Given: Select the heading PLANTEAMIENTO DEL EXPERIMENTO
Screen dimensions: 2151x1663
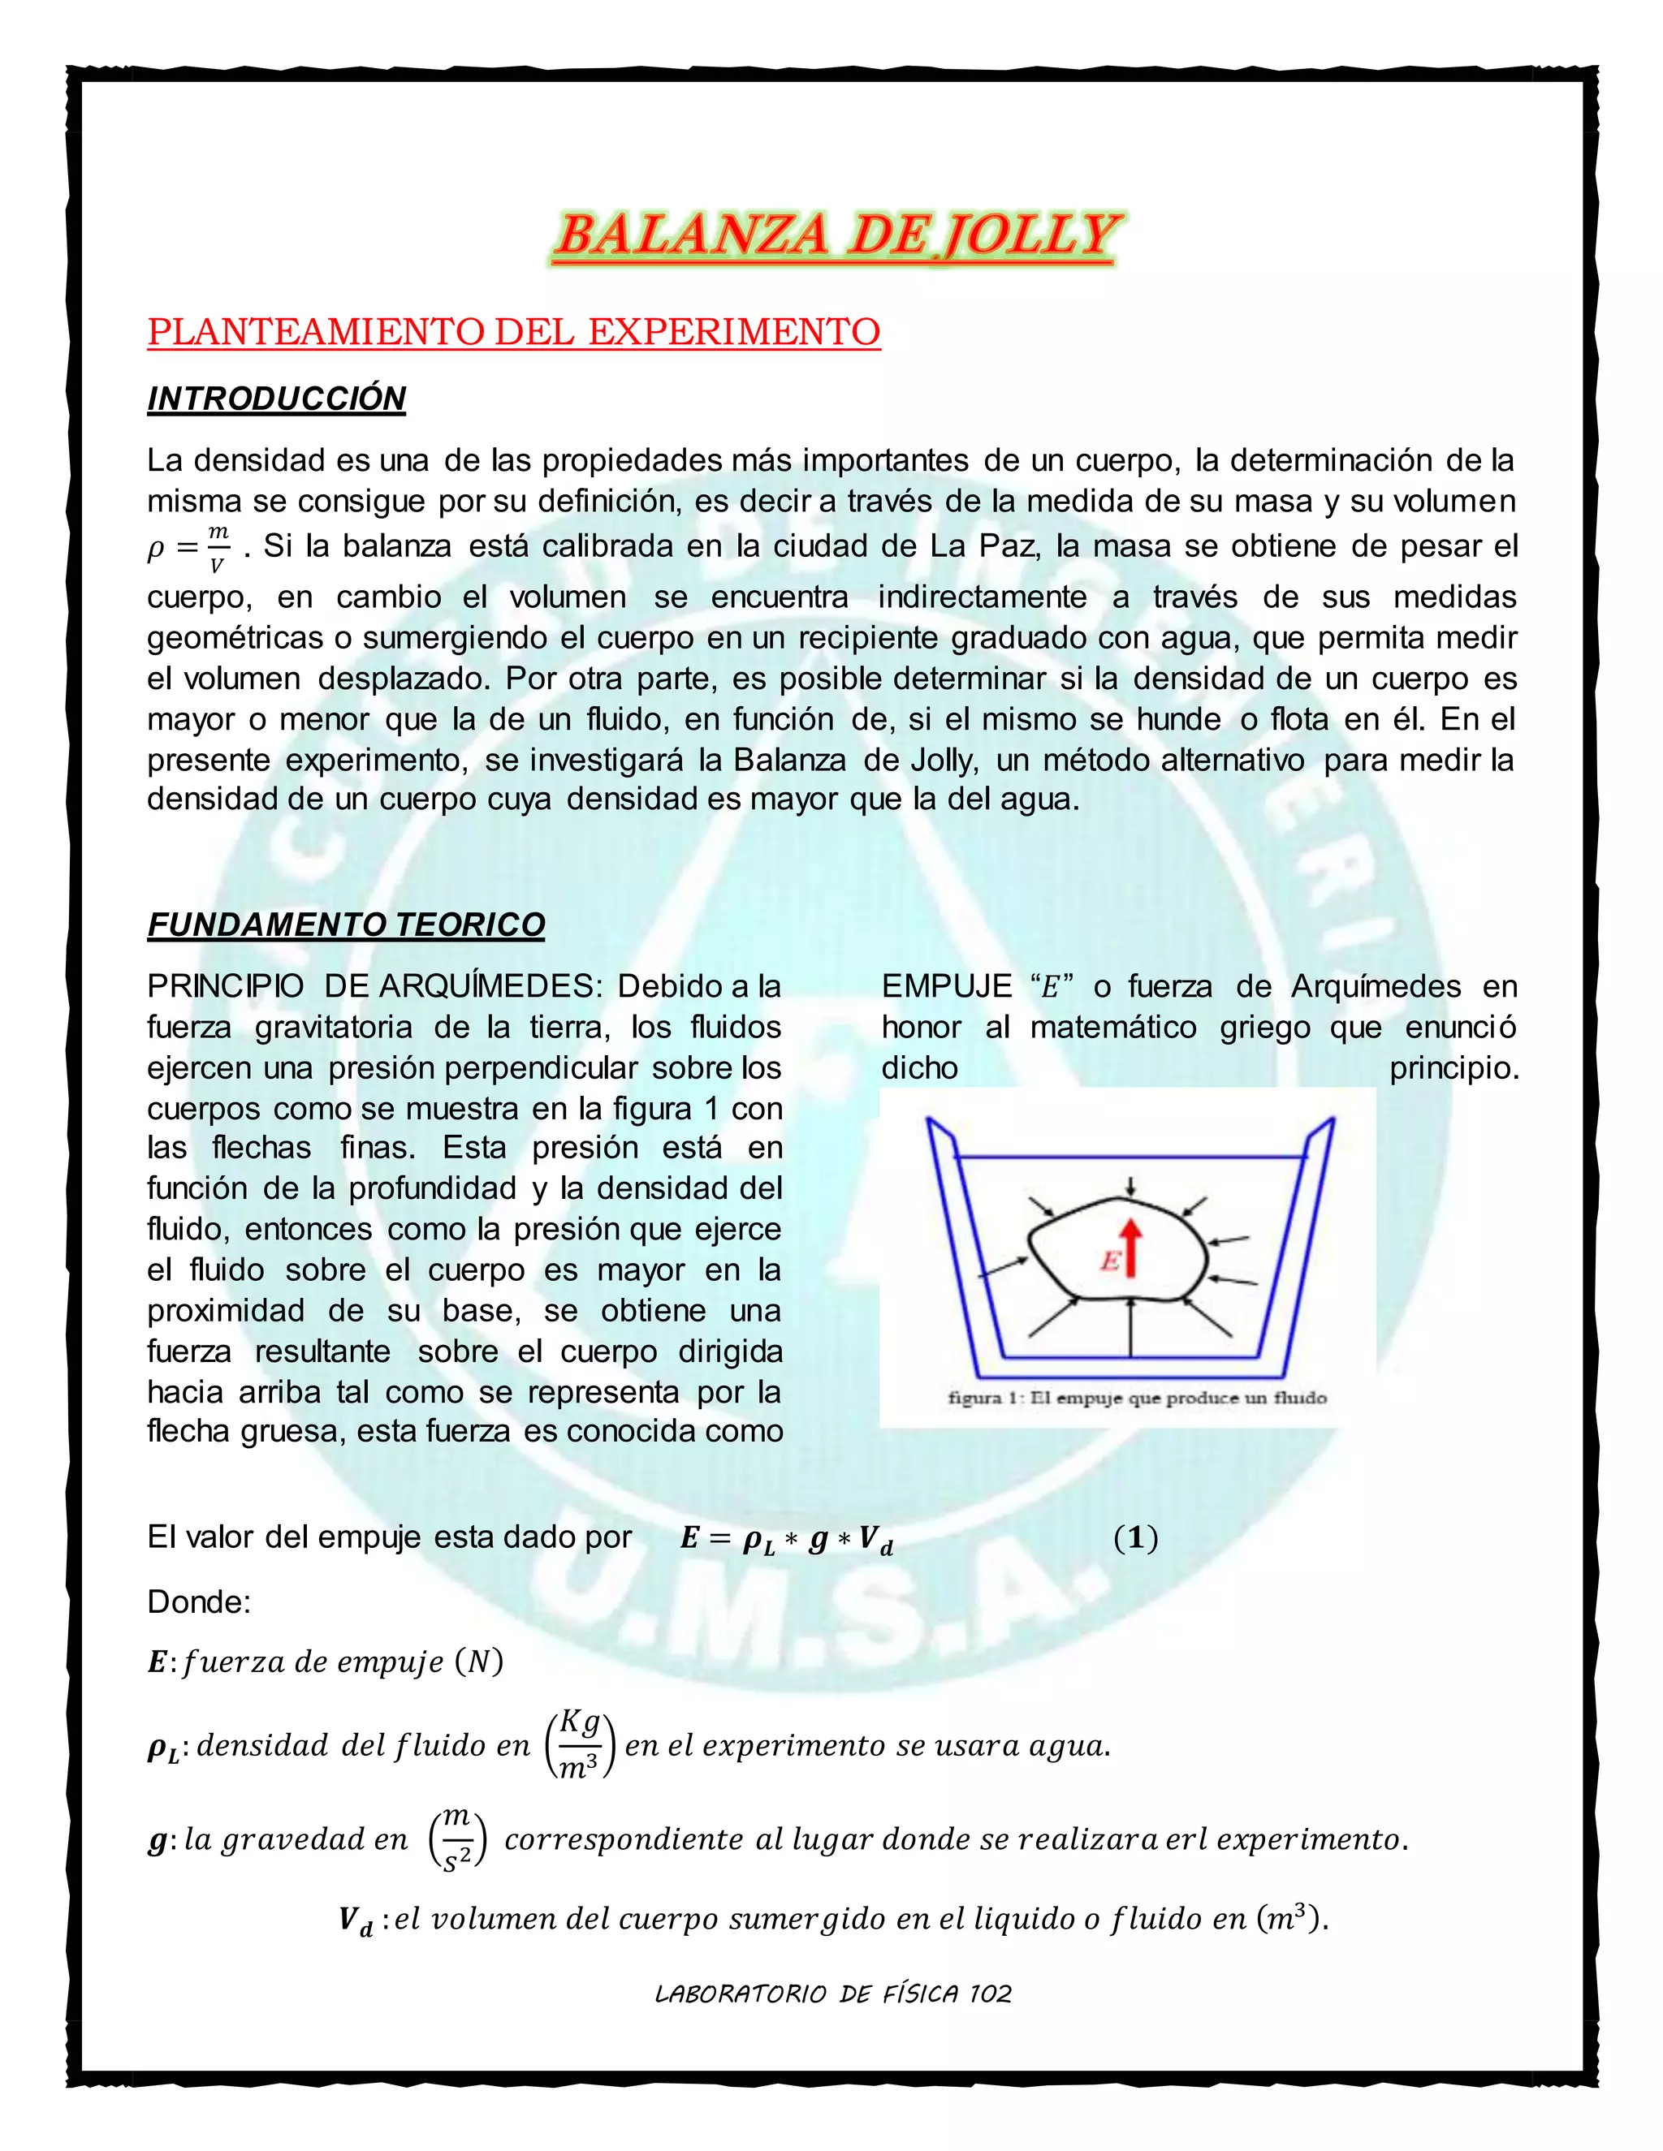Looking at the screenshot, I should tap(513, 332).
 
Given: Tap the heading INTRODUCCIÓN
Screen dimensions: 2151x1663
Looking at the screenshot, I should tap(276, 399).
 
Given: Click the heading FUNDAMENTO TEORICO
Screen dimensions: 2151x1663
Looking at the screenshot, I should tap(346, 925).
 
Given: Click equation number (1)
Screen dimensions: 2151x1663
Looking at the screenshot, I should tap(1135, 1537).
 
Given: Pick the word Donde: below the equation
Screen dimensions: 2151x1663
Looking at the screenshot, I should tap(199, 1602).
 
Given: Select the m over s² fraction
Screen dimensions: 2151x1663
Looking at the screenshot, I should tap(457, 1838).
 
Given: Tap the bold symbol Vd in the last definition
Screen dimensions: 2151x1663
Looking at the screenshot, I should tap(356, 1920).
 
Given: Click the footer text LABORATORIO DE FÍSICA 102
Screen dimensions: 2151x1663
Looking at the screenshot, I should tap(832, 1994).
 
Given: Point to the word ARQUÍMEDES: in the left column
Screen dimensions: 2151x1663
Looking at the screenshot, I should tap(490, 986).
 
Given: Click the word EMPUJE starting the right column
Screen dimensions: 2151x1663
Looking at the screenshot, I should tap(946, 986).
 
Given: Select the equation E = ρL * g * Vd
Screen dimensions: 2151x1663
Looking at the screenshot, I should tap(786, 1538).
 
